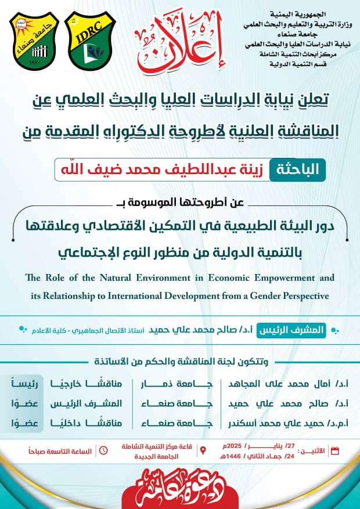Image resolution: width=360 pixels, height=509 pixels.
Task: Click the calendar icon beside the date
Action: pyautogui.click(x=334, y=450)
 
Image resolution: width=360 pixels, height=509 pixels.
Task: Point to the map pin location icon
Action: pyautogui.click(x=203, y=450)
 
